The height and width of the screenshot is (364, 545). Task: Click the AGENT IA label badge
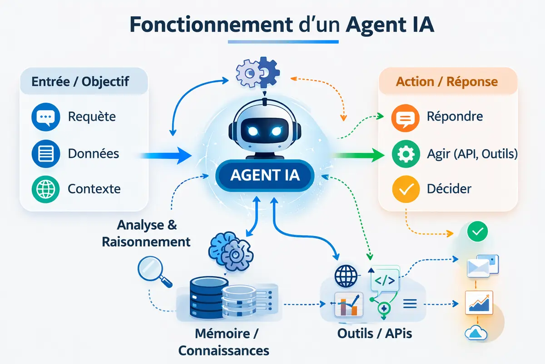(x=265, y=176)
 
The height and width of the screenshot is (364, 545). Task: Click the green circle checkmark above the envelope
(x=477, y=232)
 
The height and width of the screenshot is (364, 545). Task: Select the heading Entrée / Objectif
(x=80, y=82)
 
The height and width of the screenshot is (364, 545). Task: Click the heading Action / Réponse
(x=447, y=82)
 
